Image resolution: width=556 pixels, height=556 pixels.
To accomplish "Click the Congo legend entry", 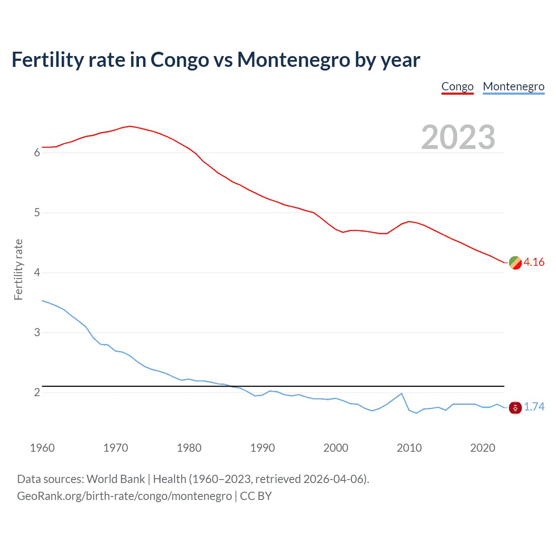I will tap(457, 86).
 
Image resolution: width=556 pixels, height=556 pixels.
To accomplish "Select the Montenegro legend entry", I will tap(513, 86).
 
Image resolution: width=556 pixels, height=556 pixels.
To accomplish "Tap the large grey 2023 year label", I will tap(458, 137).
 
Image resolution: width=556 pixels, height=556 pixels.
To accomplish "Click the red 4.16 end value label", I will tap(534, 262).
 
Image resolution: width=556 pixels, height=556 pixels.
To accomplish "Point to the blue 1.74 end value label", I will tap(534, 407).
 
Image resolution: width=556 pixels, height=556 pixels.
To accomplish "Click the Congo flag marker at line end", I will tap(515, 263).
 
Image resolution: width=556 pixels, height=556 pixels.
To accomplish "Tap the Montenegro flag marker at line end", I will tap(515, 407).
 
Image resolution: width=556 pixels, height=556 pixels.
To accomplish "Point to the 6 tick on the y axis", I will tap(37, 153).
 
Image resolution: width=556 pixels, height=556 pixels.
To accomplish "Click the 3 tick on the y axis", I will tap(37, 333).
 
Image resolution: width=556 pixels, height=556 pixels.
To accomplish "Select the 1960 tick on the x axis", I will tap(42, 448).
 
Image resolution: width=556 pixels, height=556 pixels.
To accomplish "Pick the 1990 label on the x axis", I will tap(262, 448).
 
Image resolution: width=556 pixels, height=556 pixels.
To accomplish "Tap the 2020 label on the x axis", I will tap(483, 448).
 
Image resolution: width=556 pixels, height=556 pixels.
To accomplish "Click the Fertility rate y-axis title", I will tap(18, 269).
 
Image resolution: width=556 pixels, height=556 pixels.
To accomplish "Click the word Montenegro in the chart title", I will tap(293, 60).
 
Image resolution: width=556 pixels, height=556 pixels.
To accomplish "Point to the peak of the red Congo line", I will tap(130, 126).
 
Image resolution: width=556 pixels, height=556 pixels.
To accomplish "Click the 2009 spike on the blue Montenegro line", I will tap(401, 394).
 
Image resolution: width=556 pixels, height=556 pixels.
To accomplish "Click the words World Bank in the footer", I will tap(116, 479).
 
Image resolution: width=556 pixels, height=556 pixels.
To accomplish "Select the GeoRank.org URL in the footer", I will tap(124, 496).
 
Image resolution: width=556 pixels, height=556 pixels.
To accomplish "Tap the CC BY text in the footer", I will tap(256, 496).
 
